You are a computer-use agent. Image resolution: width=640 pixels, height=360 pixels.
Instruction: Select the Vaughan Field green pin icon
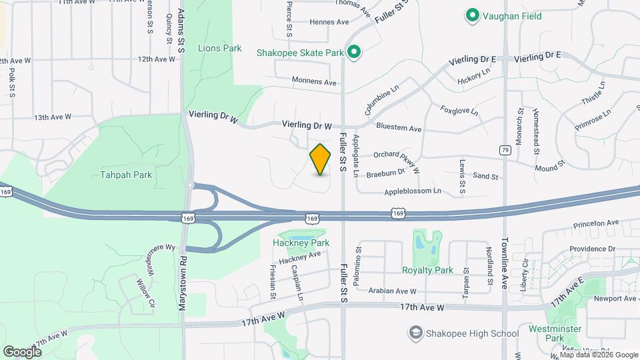click(x=473, y=14)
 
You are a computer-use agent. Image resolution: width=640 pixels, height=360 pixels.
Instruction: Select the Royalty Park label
click(x=427, y=270)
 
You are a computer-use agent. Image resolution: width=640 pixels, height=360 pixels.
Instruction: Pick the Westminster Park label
click(x=550, y=333)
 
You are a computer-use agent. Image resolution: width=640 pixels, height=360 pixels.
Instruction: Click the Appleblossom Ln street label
click(x=413, y=191)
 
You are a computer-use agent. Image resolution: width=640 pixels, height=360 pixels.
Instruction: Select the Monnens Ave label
click(x=314, y=82)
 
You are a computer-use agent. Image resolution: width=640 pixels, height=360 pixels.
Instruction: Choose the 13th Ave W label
click(x=53, y=117)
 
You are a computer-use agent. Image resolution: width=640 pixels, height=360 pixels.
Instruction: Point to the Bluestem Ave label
click(x=399, y=128)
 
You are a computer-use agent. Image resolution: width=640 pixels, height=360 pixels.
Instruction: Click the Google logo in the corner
click(x=22, y=351)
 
